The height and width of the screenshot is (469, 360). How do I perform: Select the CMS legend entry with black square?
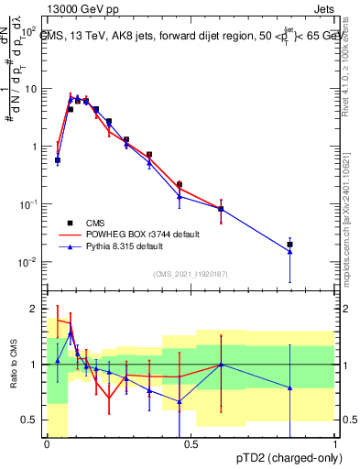pyautogui.click(x=93, y=223)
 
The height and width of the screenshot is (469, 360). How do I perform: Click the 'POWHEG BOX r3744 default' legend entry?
pyautogui.click(x=134, y=234)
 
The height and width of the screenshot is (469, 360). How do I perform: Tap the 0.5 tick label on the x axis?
pyautogui.click(x=191, y=444)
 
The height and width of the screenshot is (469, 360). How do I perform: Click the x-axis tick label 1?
pyautogui.click(x=335, y=444)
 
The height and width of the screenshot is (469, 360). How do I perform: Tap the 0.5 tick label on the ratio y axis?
pyautogui.click(x=31, y=420)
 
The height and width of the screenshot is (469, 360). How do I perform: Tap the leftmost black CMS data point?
pyautogui.click(x=58, y=160)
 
